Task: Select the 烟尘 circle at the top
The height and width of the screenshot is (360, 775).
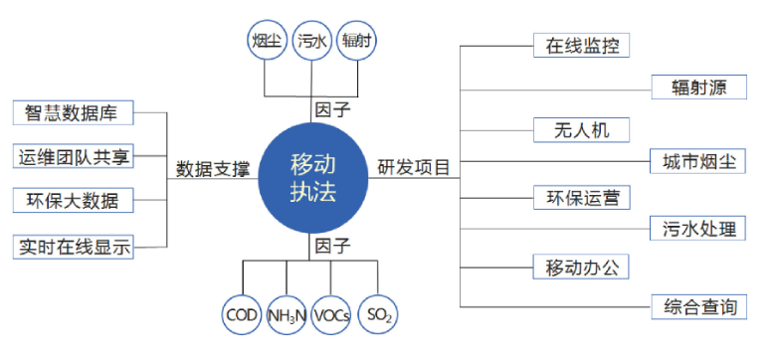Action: (x=265, y=41)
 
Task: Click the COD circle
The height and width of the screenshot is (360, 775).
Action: (x=242, y=315)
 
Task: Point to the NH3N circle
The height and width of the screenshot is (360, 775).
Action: (x=287, y=315)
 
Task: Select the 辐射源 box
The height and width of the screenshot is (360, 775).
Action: (x=698, y=87)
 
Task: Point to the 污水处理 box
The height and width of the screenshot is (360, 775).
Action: (x=698, y=229)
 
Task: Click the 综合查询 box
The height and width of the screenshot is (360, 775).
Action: (x=698, y=307)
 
